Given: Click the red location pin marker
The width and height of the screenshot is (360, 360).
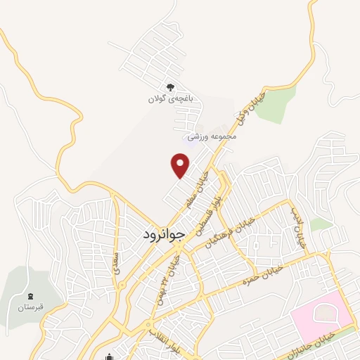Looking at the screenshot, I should coord(181,166).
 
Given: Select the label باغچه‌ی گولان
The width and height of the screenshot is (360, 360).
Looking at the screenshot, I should coord(165,99).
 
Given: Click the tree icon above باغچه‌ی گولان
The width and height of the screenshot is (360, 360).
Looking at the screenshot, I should coord(169,87).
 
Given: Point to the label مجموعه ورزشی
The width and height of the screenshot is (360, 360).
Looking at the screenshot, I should coord(212,136).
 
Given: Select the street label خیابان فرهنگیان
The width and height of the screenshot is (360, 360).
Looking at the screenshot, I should coord(230,231).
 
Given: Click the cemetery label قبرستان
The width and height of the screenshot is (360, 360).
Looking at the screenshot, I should coord(31,307).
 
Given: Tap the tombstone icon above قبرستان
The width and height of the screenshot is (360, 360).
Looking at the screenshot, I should coord(30,295).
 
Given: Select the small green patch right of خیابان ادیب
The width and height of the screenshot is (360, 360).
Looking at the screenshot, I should coord(321,224).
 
